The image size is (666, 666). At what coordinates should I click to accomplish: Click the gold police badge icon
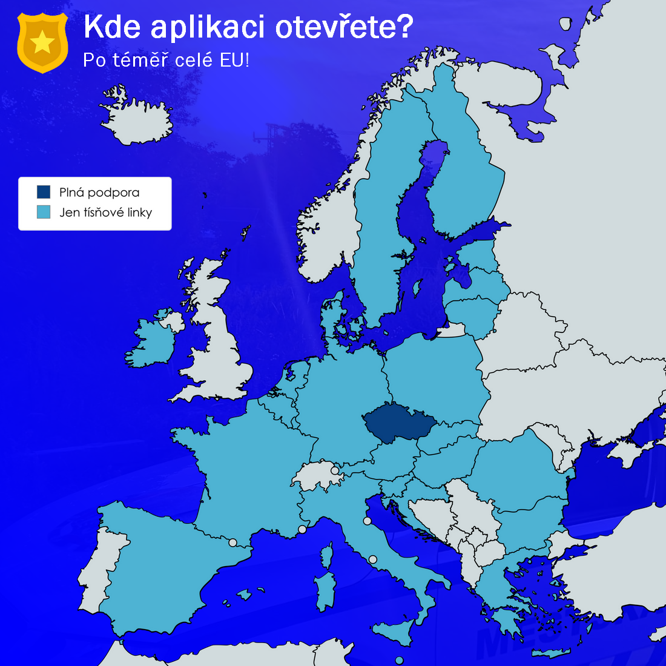42,42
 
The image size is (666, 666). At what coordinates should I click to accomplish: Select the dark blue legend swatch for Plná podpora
44,193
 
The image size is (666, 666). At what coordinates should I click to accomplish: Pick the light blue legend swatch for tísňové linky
44,213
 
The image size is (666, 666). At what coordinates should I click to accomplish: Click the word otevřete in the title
345,27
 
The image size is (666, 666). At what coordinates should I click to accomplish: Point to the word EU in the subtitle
233,61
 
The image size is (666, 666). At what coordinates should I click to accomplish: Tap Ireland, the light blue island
151,342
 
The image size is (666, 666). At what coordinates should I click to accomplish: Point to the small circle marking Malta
398,660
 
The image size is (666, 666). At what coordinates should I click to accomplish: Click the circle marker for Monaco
302,529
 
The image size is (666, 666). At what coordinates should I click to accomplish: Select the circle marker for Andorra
232,542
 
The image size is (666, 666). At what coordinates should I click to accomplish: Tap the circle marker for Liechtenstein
335,470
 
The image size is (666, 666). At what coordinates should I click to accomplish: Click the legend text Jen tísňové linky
105,213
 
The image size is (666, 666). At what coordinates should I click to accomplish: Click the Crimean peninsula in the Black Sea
630,451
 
